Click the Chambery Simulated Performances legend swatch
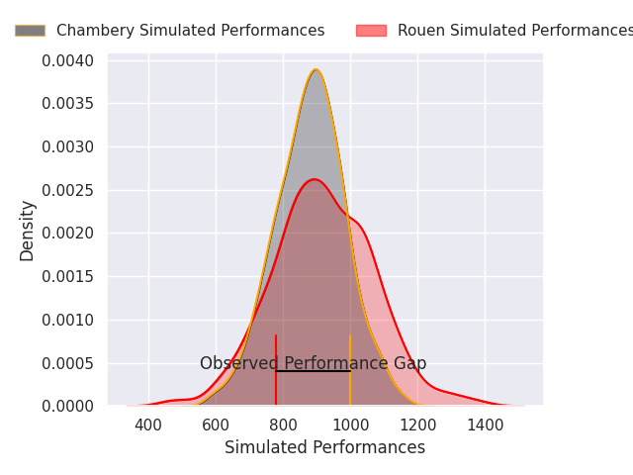point(30,31)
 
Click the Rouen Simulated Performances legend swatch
point(371,31)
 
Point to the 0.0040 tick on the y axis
point(68,61)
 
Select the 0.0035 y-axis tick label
point(68,104)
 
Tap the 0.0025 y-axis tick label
point(68,190)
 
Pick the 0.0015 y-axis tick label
point(68,276)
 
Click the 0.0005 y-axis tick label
point(68,363)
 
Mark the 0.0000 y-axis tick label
point(68,406)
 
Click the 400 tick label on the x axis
point(148,426)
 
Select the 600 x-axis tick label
point(216,426)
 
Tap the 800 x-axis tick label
point(283,426)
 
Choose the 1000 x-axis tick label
point(350,426)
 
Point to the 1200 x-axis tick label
point(417,426)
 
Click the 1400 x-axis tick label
point(485,426)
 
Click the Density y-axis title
point(28,231)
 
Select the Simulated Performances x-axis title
point(324,447)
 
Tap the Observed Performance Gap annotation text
point(313,363)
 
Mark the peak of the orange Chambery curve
point(316,69)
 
